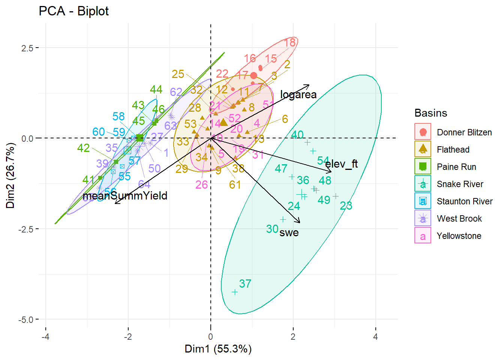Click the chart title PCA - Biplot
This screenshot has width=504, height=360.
[73, 11]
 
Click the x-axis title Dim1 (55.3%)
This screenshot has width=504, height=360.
[218, 349]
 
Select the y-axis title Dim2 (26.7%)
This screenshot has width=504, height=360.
[10, 175]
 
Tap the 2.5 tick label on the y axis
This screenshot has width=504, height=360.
[27, 48]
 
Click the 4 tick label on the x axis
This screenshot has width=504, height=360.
[375, 337]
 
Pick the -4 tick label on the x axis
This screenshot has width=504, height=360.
[45, 337]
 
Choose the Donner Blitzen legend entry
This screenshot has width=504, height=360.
[464, 132]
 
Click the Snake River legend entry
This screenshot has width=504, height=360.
[460, 184]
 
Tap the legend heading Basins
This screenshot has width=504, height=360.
[430, 113]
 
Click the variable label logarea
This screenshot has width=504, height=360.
[298, 94]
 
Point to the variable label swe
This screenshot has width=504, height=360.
[289, 232]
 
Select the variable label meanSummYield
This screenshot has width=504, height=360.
[125, 196]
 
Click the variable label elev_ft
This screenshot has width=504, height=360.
[341, 164]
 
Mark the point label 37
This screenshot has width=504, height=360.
[245, 283]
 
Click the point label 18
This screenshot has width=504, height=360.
[290, 42]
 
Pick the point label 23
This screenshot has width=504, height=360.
[346, 205]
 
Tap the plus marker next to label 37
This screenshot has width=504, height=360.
[235, 292]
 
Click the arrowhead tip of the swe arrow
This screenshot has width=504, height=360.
[300, 223]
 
